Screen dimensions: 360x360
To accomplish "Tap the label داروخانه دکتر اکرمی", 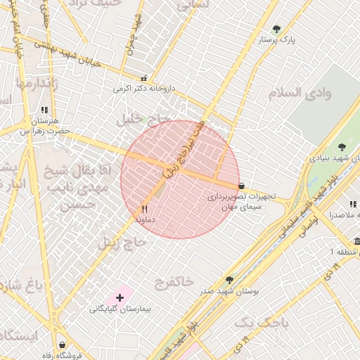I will [144, 89].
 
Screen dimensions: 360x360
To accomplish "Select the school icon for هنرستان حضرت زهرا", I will [45, 110].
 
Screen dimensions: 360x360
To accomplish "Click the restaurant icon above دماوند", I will [145, 209].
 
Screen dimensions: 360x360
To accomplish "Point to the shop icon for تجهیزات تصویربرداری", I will [242, 186].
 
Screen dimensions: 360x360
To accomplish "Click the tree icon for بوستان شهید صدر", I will [229, 279].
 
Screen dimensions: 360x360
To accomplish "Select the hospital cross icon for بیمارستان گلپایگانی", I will [120, 298].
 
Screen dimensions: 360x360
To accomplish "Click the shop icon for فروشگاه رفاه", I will [63, 345].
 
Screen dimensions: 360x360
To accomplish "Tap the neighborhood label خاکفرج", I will [172, 281].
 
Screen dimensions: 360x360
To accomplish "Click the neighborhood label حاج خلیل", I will [146, 117].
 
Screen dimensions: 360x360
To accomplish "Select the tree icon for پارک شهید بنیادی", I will [342, 147].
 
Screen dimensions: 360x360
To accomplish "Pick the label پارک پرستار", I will [296, 40].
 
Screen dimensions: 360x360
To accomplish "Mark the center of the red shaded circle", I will [180, 179].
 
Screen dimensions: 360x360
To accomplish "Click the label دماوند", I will [144, 219].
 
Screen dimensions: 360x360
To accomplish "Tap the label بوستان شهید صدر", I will [236, 290].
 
